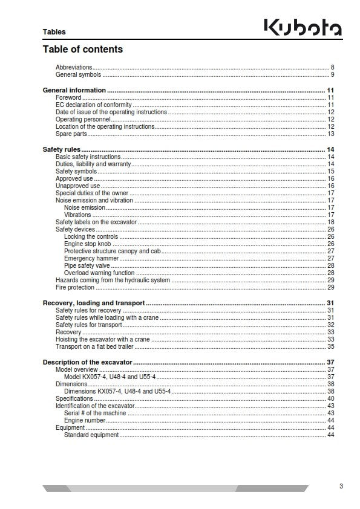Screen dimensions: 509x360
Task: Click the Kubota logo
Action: pyautogui.click(x=302, y=28)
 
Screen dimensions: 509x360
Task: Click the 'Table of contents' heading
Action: pyautogui.click(x=82, y=49)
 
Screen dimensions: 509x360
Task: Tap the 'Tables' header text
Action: pyautogui.click(x=54, y=31)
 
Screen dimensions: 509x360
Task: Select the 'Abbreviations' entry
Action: pyautogui.click(x=74, y=66)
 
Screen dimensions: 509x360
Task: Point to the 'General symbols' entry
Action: pyautogui.click(x=78, y=75)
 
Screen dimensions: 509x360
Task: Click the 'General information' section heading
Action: pyautogui.click(x=74, y=90)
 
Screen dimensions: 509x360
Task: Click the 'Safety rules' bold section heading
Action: pyautogui.click(x=61, y=149)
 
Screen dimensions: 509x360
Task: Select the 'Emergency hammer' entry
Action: pyautogui.click(x=91, y=258)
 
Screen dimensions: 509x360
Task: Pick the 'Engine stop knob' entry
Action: pyautogui.click(x=89, y=244)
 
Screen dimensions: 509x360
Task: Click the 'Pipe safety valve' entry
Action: pyautogui.click(x=88, y=265)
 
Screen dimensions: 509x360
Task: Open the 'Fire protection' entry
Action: pyautogui.click(x=75, y=287)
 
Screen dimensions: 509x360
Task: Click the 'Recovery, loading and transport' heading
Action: pyautogui.click(x=93, y=303)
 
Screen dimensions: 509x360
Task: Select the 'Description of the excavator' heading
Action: pyautogui.click(x=87, y=362)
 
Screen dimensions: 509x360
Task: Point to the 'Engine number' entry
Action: pyautogui.click(x=85, y=420)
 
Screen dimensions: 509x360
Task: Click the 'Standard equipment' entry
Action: pyautogui.click(x=91, y=435)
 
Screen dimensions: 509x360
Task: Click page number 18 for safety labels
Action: pyautogui.click(x=331, y=222)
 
